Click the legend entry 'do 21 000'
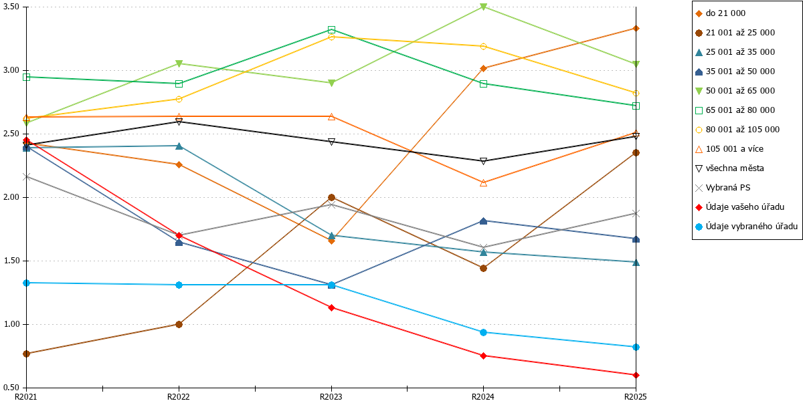[x=721, y=13]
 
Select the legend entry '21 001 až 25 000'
[x=735, y=33]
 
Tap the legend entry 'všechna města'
[x=729, y=168]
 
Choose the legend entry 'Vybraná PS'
[x=723, y=188]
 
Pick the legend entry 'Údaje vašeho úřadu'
[x=739, y=207]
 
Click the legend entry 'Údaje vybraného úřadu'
[x=746, y=227]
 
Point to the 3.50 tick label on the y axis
[x=11, y=7]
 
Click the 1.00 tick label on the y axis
[x=11, y=324]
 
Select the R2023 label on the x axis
[x=331, y=397]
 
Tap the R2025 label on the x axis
[x=635, y=397]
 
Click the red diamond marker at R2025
[x=636, y=375]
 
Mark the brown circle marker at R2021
[x=27, y=354]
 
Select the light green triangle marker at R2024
[x=483, y=7]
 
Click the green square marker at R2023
[x=332, y=29]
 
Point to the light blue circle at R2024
[x=483, y=333]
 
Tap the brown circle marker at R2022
[x=179, y=324]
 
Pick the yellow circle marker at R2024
[x=483, y=46]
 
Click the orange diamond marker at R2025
[x=636, y=28]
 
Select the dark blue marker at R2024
[x=483, y=221]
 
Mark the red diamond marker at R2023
[x=332, y=307]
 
